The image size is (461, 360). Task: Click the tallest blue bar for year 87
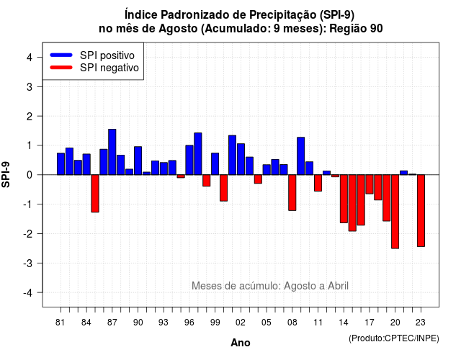(112, 152)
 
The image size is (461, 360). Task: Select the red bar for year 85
(95, 194)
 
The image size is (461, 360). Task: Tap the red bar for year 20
(395, 212)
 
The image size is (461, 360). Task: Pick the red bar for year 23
(421, 211)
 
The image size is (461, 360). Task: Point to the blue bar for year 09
(301, 156)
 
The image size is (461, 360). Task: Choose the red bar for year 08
(292, 192)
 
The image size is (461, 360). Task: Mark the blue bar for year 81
(61, 164)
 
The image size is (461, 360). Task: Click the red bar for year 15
(352, 203)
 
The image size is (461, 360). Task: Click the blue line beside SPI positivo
(61, 55)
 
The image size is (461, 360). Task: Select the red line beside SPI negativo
(61, 68)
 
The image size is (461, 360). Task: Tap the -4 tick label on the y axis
(28, 293)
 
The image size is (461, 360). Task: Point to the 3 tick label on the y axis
(30, 86)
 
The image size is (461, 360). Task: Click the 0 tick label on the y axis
(30, 175)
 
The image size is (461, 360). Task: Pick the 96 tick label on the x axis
(189, 323)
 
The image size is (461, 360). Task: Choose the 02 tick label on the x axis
(241, 323)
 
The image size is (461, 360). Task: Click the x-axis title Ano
(241, 343)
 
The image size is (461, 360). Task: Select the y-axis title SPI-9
(6, 174)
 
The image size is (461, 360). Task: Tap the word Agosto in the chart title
(178, 29)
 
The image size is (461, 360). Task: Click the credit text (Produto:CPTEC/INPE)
(394, 338)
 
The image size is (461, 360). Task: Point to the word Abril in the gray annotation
(338, 286)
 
